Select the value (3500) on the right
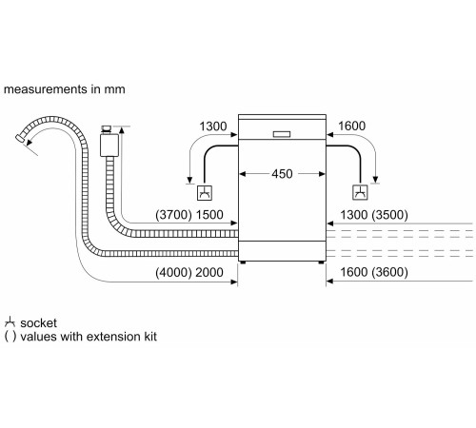click(x=389, y=215)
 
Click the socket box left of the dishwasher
click(x=204, y=194)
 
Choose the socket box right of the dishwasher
click(x=360, y=194)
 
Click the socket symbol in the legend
click(x=10, y=323)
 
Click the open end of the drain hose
click(x=21, y=140)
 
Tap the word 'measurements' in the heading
click(x=44, y=89)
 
